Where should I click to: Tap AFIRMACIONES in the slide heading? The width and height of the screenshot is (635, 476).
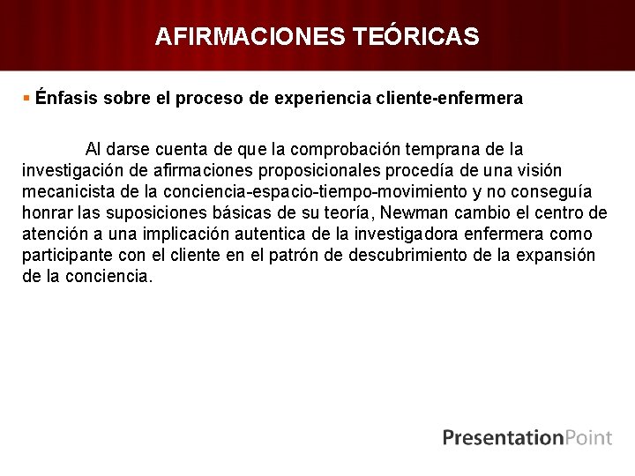point(250,36)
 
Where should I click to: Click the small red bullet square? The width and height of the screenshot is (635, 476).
point(27,98)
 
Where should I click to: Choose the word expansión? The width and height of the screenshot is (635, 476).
point(557,256)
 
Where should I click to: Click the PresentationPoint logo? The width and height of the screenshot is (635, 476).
point(527,437)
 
